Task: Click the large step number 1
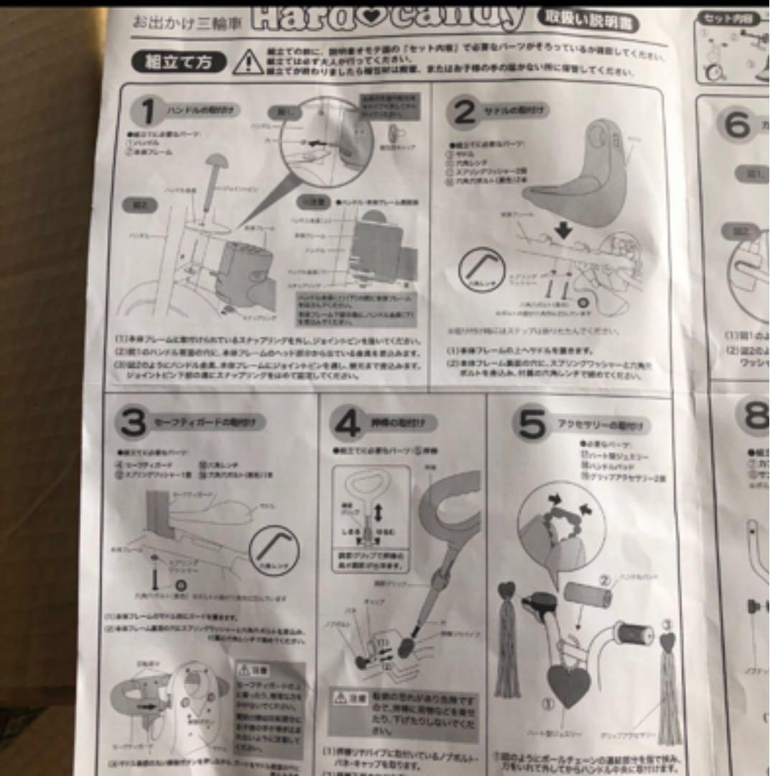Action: click(147, 111)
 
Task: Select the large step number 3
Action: click(133, 422)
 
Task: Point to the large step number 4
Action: click(347, 425)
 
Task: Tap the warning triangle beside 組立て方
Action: click(248, 62)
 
